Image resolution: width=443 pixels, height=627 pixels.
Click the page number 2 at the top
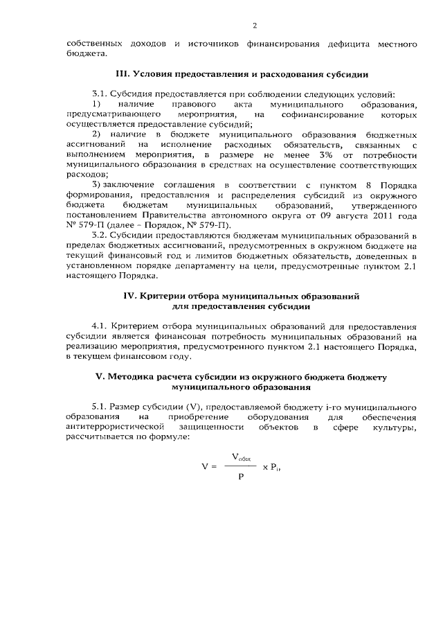254,26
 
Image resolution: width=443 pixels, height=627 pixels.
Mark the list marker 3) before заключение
96,186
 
